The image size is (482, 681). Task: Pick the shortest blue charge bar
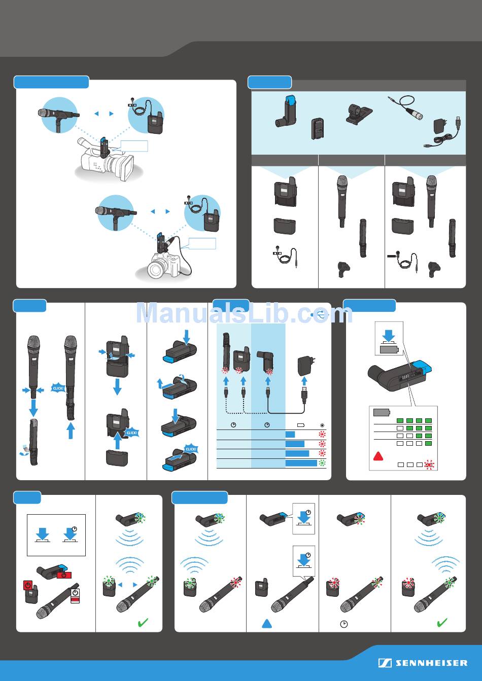[x=290, y=434]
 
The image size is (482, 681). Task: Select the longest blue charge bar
[x=301, y=463]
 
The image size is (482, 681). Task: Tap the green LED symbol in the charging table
[x=321, y=463]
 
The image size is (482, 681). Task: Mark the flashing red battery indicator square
[x=429, y=464]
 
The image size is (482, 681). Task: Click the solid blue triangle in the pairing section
[x=267, y=623]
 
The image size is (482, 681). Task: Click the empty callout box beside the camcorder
[x=134, y=146]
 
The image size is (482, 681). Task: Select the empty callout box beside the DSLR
[x=202, y=243]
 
